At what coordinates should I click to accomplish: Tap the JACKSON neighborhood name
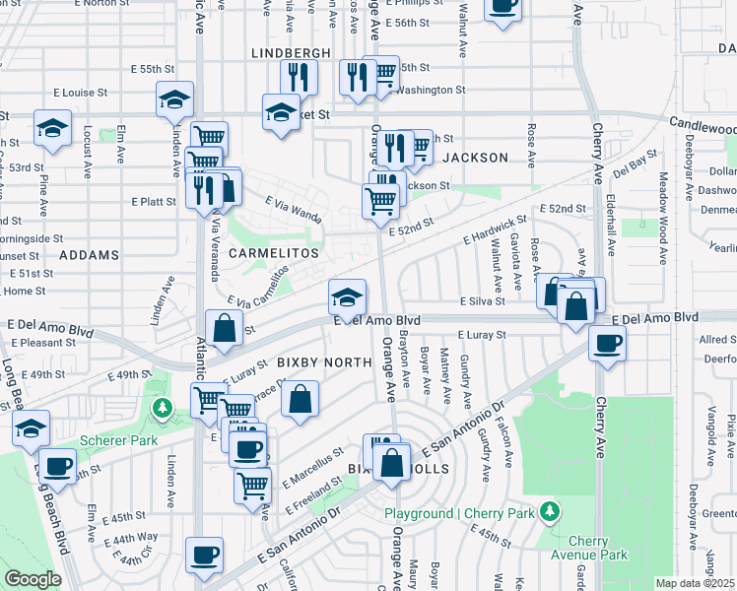coord(475,158)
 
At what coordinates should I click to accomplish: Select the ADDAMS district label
coord(89,255)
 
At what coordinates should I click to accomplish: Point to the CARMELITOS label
coord(274,253)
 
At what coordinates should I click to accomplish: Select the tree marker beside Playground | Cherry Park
coord(550,512)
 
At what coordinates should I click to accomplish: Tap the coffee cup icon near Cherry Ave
coord(607,344)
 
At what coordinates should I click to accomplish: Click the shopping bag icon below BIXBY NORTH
coord(301,400)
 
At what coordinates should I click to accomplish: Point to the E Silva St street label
coord(481,301)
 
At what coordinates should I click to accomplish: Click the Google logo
coord(33,579)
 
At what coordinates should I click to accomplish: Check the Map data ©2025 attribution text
coord(695,583)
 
